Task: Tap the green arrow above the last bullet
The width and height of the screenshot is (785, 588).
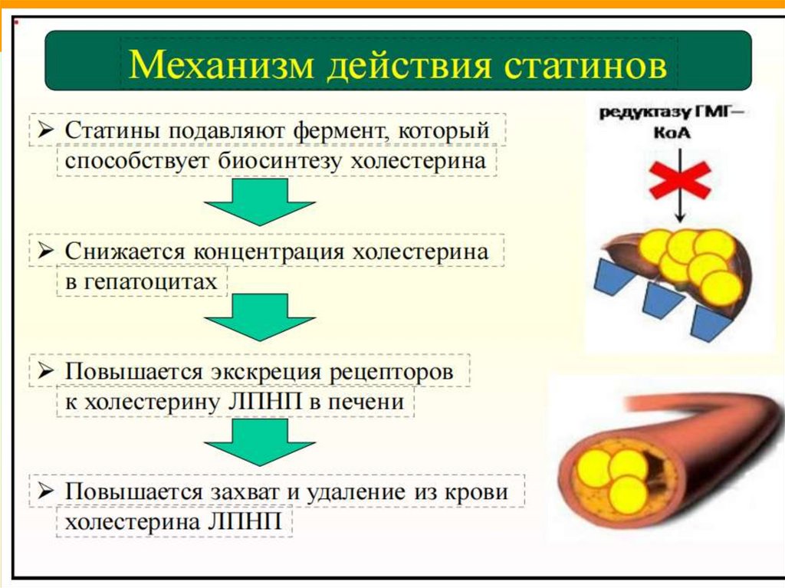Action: pos(259,441)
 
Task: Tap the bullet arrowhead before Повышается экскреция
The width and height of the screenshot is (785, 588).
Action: pos(45,372)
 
